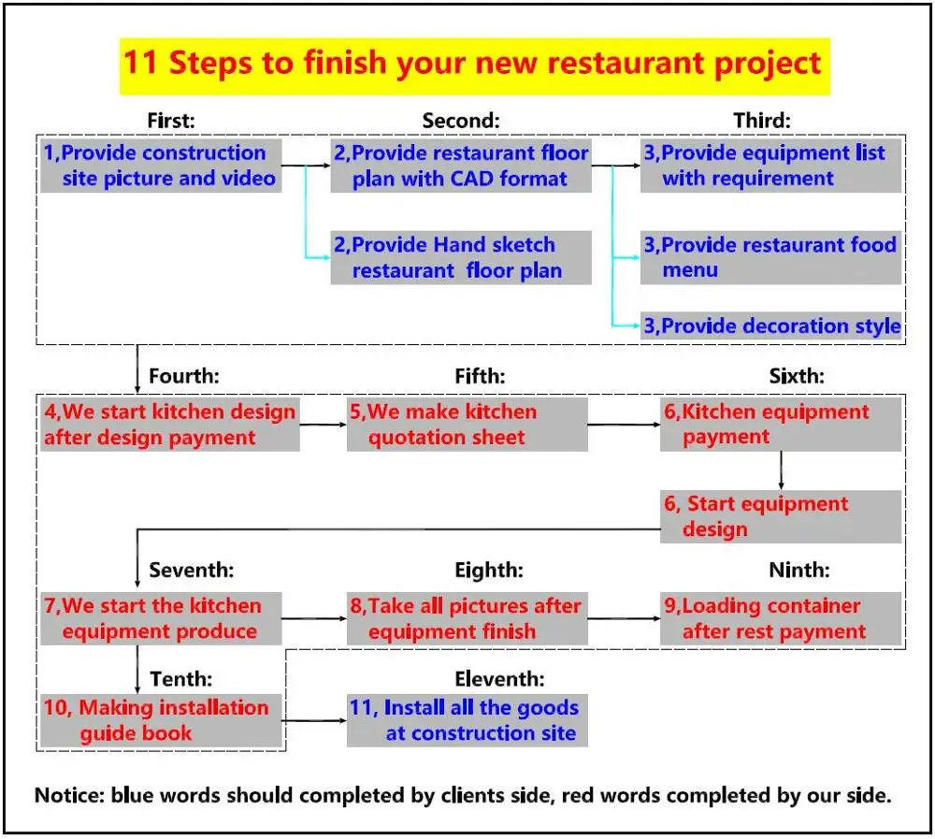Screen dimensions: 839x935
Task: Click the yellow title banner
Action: [474, 64]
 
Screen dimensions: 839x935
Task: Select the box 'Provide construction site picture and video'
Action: [161, 166]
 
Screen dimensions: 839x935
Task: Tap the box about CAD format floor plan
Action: [461, 166]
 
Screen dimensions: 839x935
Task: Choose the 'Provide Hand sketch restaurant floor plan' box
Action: [461, 258]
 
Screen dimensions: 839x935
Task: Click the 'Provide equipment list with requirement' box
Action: [770, 166]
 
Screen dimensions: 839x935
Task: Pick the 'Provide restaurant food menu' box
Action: [770, 258]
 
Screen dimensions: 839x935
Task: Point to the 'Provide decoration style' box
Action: [770, 326]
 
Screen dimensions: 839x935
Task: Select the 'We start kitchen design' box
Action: [169, 425]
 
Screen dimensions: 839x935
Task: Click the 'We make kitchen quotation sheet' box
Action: [467, 425]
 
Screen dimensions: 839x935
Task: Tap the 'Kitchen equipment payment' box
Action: [781, 425]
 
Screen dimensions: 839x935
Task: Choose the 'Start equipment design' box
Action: [781, 516]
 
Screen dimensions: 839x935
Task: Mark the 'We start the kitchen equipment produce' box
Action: [161, 618]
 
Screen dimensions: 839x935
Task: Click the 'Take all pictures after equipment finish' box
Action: [467, 618]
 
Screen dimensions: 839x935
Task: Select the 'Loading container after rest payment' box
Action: [781, 618]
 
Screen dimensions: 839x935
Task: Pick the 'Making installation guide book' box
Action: [161, 720]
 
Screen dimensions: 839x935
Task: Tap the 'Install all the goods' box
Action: [467, 720]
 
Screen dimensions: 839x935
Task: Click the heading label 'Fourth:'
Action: [184, 377]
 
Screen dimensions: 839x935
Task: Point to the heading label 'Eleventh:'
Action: [499, 679]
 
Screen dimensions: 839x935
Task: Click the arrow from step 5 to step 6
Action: [624, 425]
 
